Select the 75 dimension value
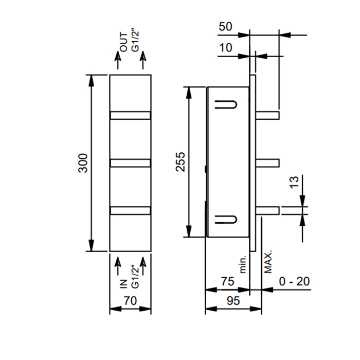pyautogui.click(x=227, y=281)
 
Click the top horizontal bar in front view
pyautogui.click(x=130, y=116)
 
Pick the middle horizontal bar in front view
pyautogui.click(x=130, y=163)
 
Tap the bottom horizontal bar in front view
pyautogui.click(x=130, y=210)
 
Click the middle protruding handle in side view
pyautogui.click(x=267, y=163)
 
